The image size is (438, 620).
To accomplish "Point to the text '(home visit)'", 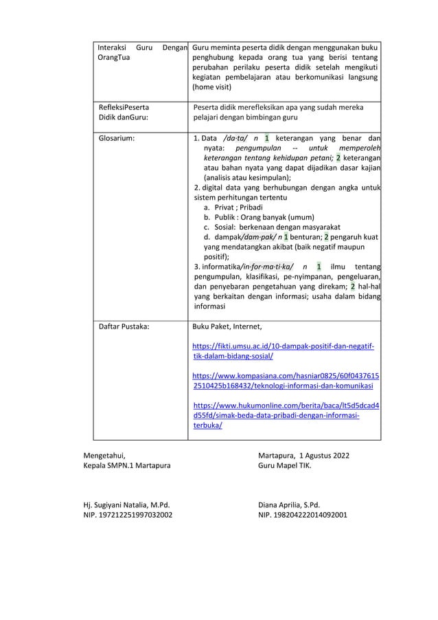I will pos(213,87).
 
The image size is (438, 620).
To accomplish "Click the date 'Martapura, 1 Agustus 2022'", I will pos(303,455).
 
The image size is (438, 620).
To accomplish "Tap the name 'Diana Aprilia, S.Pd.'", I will pos(289,503).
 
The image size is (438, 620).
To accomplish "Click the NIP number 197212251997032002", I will pos(128,513).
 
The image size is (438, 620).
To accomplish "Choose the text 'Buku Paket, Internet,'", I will pos(227,326).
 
